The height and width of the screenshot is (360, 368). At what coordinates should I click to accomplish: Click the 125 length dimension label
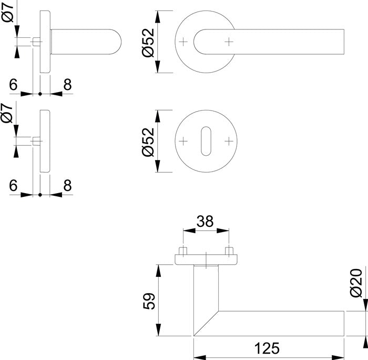click(268, 348)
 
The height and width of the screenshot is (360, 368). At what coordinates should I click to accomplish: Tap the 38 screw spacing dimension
click(206, 222)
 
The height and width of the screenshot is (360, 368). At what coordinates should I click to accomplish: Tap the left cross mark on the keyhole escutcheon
click(183, 141)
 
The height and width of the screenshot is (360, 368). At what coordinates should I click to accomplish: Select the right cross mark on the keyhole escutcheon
click(229, 141)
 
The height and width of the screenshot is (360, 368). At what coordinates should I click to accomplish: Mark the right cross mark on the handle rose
click(229, 41)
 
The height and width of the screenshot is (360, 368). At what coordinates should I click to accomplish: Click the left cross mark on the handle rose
click(183, 41)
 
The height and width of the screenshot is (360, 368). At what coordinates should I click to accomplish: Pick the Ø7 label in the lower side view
click(7, 113)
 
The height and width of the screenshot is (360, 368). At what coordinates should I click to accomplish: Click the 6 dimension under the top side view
click(13, 84)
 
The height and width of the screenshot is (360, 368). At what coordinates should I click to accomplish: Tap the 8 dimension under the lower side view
click(67, 186)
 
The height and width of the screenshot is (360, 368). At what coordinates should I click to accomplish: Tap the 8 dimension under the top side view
click(67, 84)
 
